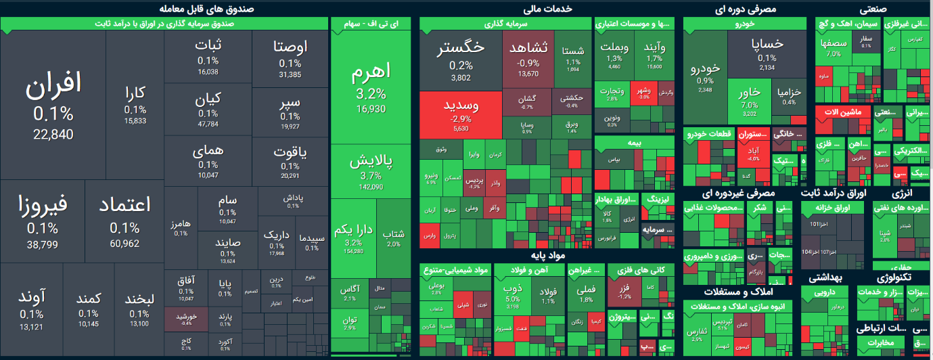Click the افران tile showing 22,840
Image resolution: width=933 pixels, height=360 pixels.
click(x=53, y=105)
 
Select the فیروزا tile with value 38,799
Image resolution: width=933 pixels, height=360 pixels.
click(x=43, y=220)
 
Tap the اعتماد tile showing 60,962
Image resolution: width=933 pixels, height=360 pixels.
click(x=124, y=220)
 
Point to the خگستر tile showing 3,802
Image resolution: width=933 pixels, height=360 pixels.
click(x=461, y=61)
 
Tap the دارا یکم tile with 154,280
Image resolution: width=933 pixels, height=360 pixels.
click(x=354, y=237)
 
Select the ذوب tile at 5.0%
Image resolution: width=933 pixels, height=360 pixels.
click(x=512, y=296)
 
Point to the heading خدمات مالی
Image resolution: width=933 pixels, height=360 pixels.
click(x=548, y=9)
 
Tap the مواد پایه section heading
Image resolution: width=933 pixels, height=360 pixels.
click(x=548, y=256)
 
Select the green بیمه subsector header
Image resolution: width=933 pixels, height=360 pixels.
click(x=634, y=143)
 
